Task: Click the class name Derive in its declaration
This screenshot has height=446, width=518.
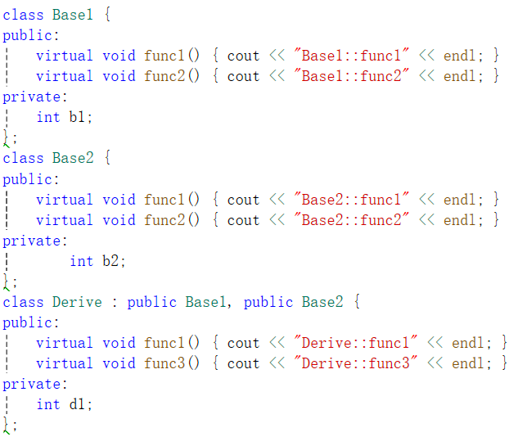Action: coord(77,302)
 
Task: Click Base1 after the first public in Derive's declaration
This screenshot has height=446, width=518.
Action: coord(205,302)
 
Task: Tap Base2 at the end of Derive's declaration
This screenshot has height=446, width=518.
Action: coord(322,302)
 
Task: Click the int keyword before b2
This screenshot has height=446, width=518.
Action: coord(81,261)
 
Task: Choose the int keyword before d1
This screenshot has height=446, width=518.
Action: coord(48,404)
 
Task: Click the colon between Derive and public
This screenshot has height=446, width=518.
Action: coord(114,303)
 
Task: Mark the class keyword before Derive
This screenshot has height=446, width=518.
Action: coord(23,302)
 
